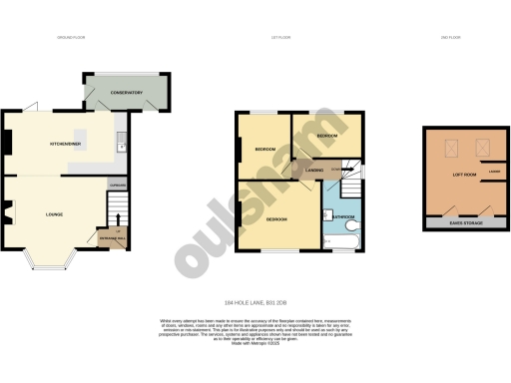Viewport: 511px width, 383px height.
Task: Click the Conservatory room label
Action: (x=127, y=94)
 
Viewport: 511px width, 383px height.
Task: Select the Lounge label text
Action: (x=55, y=213)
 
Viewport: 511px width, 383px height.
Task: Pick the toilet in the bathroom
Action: (x=327, y=213)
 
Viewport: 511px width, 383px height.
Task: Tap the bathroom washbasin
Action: (x=327, y=227)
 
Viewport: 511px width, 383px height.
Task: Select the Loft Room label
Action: (x=463, y=176)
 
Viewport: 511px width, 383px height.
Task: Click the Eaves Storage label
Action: (x=462, y=222)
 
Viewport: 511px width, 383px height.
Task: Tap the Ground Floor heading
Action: (x=72, y=37)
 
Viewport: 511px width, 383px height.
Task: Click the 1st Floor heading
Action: (x=281, y=37)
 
